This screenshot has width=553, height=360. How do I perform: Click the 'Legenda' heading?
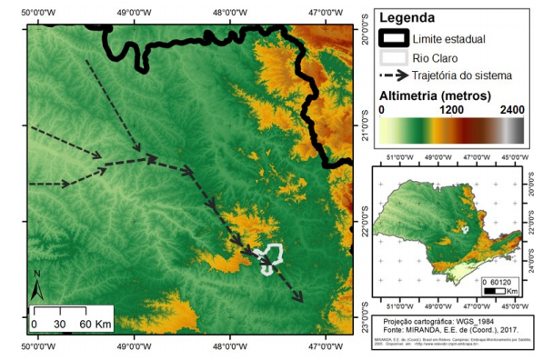[406, 18]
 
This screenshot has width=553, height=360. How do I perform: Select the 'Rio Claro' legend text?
[435, 57]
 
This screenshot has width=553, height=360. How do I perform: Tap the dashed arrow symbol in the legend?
[393, 75]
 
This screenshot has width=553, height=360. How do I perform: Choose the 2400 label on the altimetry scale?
[511, 109]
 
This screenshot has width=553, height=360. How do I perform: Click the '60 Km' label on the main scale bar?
[96, 324]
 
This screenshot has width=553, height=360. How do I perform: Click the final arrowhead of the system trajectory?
[299, 296]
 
